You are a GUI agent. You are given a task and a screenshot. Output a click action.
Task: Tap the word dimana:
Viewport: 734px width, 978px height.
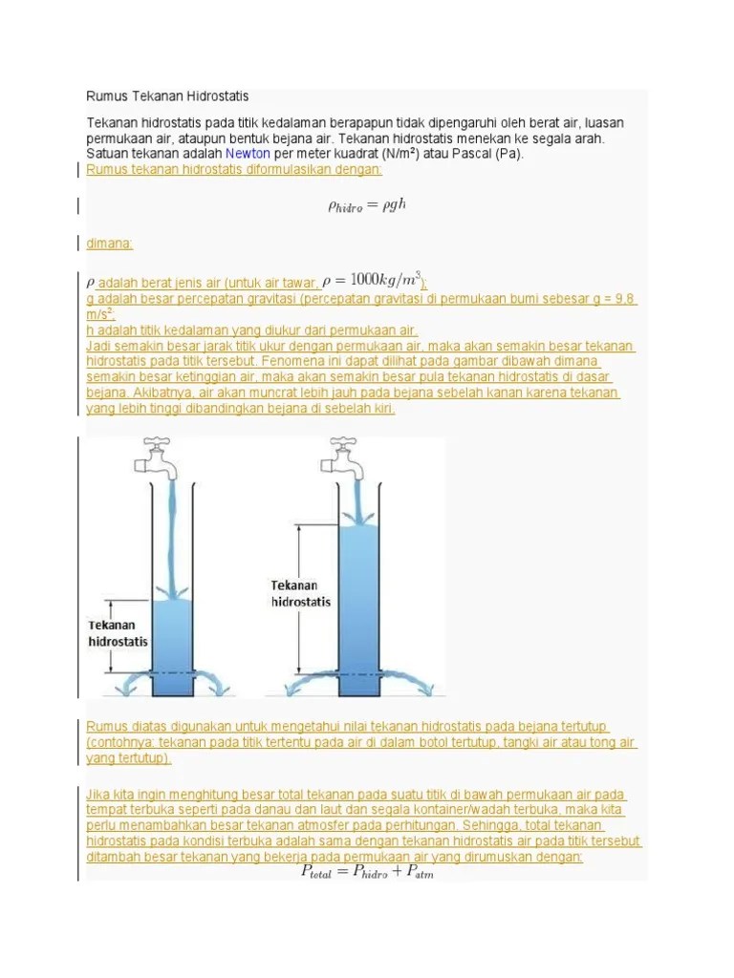click(x=109, y=244)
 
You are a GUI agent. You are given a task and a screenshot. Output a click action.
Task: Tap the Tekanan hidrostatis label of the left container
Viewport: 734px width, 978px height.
click(x=118, y=633)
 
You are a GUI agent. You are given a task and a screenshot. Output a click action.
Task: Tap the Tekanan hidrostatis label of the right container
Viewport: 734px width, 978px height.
click(x=300, y=593)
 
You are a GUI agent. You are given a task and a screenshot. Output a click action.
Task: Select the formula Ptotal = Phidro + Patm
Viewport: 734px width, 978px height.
click(x=367, y=871)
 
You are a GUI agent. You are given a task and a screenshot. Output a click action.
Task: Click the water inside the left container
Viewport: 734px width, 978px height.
click(x=173, y=649)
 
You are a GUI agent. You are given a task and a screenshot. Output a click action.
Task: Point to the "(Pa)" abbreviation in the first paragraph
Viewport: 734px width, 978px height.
click(x=509, y=154)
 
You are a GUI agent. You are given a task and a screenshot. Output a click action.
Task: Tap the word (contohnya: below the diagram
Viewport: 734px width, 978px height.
click(x=120, y=742)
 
